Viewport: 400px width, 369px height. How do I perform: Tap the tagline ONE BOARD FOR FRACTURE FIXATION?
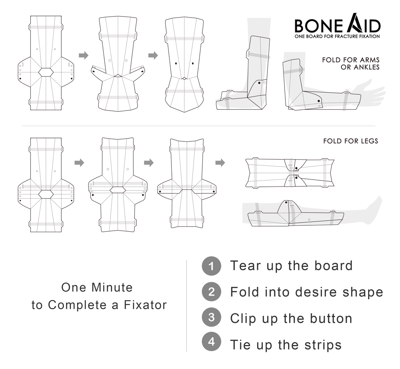pos(337,37)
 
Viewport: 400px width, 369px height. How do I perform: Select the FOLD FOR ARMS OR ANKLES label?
pos(350,64)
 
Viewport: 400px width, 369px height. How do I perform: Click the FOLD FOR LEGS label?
pos(350,141)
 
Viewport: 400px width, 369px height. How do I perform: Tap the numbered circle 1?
pos(211,266)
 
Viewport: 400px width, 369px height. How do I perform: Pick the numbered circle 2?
pos(211,292)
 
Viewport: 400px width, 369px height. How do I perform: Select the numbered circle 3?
pos(211,318)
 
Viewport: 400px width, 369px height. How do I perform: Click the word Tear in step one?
pos(244,266)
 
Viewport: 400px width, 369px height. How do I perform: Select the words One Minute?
pos(97,287)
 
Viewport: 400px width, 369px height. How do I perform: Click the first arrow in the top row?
pos(83,56)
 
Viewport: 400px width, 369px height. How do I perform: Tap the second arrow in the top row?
pos(153,56)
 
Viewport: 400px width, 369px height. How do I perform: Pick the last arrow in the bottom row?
pos(220,163)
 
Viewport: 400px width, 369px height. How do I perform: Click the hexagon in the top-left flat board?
pos(46,72)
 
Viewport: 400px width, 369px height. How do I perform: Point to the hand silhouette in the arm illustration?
pos(371,91)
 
